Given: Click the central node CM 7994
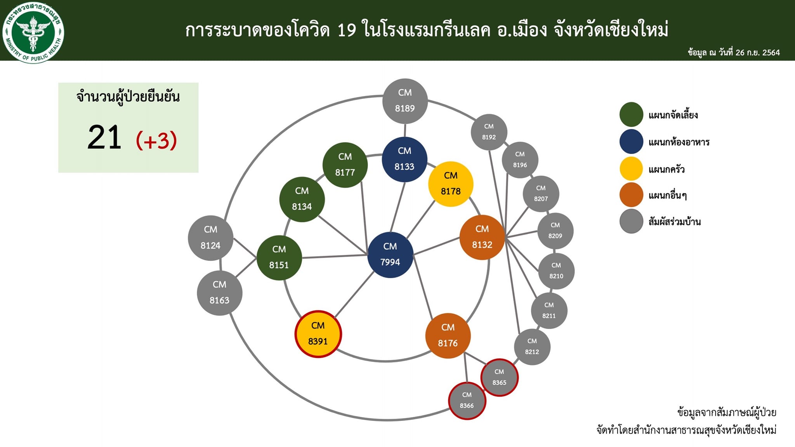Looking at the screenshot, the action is point(390,255).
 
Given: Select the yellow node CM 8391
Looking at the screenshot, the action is point(318,334).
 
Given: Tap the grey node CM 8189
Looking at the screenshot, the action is point(405,101).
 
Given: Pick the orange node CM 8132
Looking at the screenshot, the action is point(482,237).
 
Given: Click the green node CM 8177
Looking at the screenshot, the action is point(345,165).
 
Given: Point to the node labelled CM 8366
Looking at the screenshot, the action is point(467,400).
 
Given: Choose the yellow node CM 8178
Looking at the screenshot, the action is point(451,184).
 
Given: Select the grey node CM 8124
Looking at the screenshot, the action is point(210,238).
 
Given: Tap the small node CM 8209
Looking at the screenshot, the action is point(555,230).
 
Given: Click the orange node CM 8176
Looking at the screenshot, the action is point(448,336).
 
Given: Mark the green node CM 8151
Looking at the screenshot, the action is point(279,258).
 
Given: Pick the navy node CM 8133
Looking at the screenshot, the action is point(404,159).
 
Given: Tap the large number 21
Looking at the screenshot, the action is point(104,138).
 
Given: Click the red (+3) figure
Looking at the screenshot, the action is point(156,140).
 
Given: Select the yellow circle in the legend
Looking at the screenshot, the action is point(631,169).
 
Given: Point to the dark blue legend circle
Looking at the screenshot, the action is point(631,142).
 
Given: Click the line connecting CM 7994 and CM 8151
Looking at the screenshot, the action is point(334,256).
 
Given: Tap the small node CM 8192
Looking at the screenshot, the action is point(489,132).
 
